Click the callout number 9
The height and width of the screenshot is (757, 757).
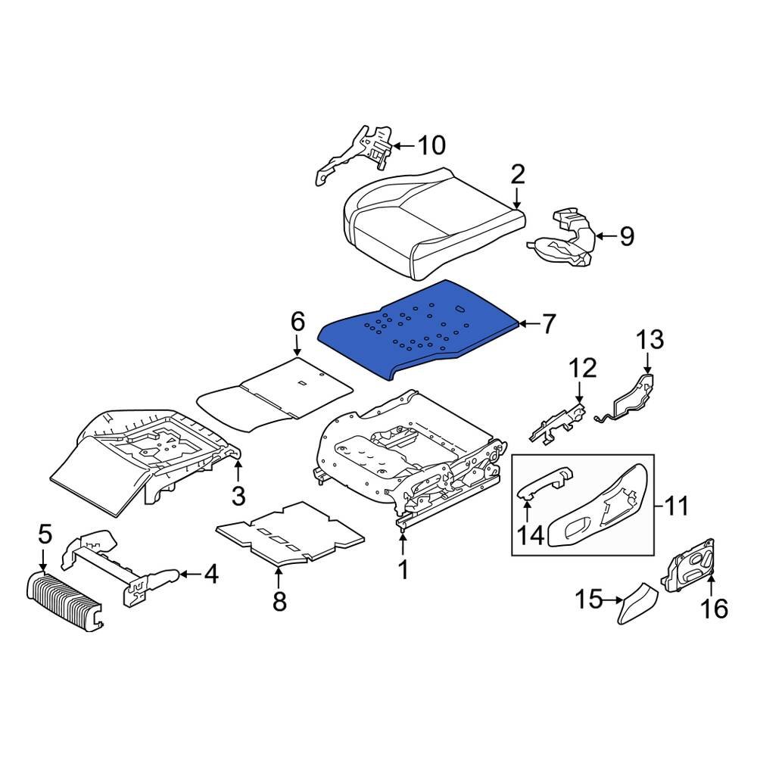point(627,237)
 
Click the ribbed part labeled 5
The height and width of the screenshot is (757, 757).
point(64,602)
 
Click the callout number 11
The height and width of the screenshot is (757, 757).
point(676,505)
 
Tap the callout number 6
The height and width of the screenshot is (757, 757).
point(297,323)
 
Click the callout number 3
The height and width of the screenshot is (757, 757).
point(238,496)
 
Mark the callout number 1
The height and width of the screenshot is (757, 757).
point(403,569)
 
